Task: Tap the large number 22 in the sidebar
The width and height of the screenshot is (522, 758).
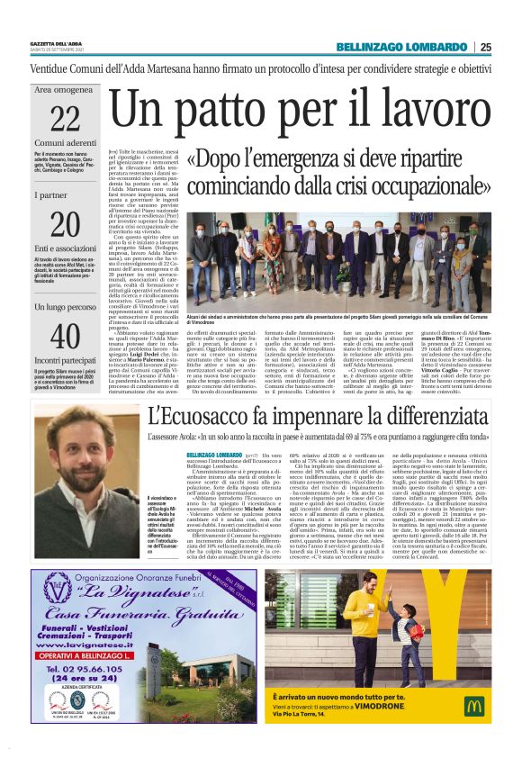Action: [66, 118]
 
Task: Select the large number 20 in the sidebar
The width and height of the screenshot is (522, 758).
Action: [66, 224]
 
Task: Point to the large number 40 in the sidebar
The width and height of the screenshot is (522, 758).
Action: [66, 337]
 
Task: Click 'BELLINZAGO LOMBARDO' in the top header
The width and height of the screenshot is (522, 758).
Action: [401, 47]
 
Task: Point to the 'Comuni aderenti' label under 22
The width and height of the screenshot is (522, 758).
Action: [66, 143]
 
